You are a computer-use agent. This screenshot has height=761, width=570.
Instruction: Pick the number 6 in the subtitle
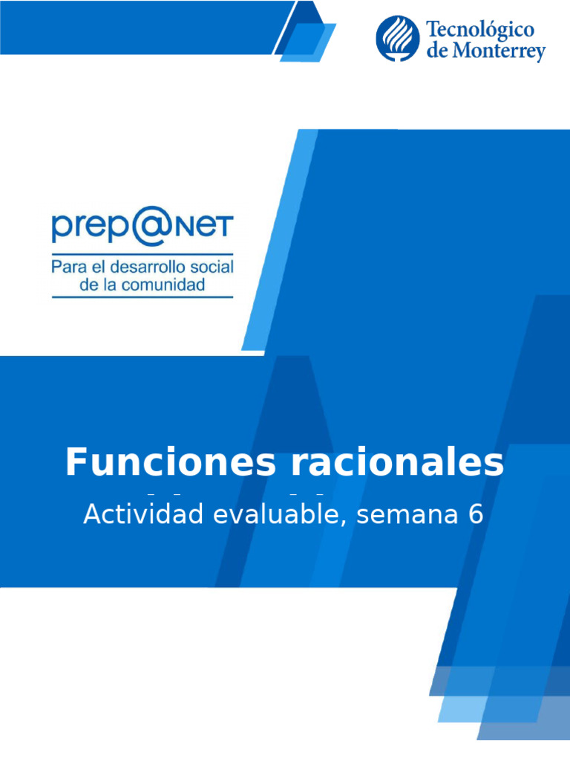coord(476,514)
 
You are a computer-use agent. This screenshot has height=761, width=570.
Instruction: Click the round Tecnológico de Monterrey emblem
coord(397,39)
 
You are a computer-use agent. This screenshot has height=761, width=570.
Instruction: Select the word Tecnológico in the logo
coord(480,30)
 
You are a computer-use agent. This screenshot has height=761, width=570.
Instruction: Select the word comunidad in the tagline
coord(166,285)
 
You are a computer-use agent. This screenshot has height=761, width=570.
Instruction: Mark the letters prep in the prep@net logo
coord(92,228)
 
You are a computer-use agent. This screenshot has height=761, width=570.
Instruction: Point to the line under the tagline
coord(142,297)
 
